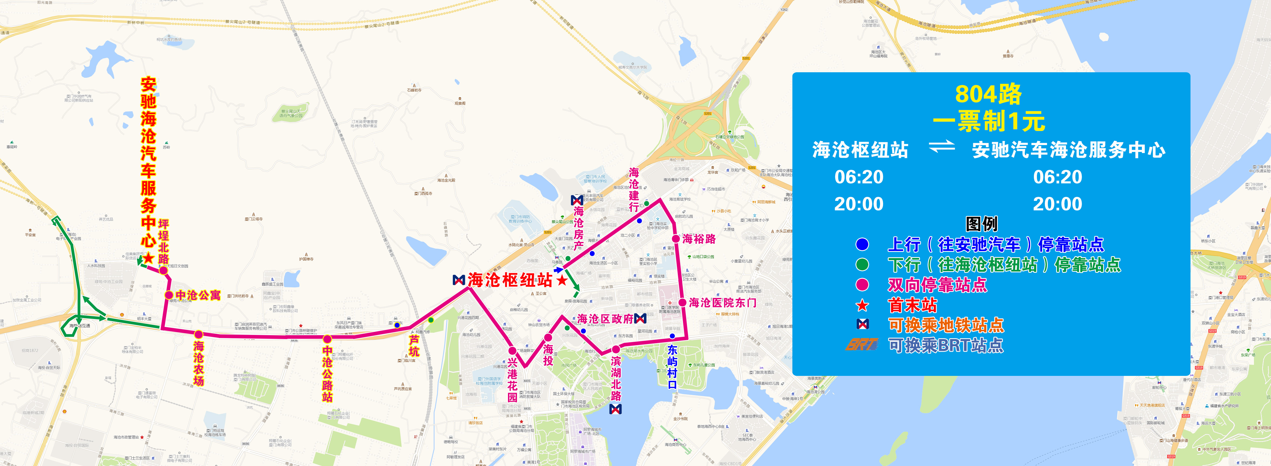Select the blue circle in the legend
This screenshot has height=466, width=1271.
862,244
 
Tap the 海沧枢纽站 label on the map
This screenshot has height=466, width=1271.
510,280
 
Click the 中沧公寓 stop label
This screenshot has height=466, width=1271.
198,295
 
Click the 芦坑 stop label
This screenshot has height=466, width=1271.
414,346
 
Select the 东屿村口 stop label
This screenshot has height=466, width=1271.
672,367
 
